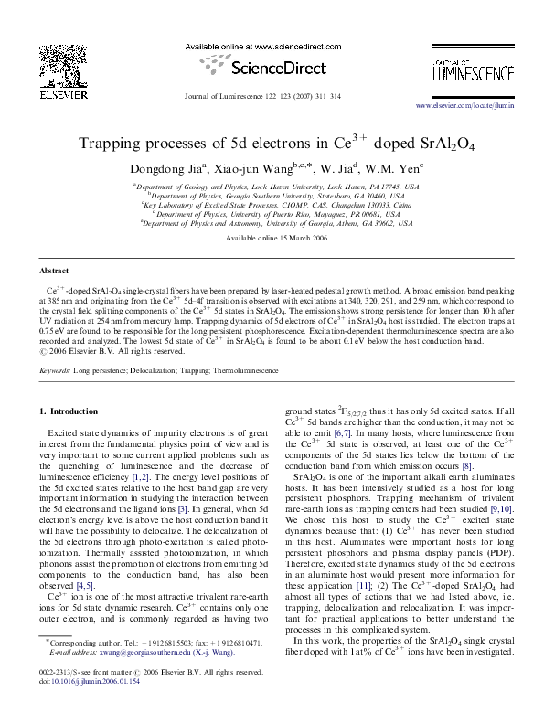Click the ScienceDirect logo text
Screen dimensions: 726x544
[x=272, y=69]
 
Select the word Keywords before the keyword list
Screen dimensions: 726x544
[x=56, y=373]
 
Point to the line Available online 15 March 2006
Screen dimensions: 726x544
[x=272, y=237]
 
